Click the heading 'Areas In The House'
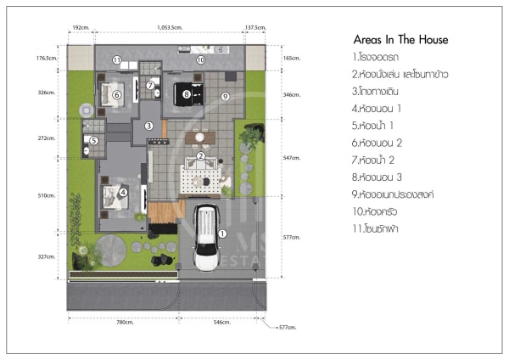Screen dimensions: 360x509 [400, 40]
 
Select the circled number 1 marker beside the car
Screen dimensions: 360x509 [222, 233]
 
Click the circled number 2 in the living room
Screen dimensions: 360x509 [200, 155]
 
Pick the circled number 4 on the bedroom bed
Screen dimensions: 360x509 [122, 193]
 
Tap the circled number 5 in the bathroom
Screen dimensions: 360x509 [94, 140]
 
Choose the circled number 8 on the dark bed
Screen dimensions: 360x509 [187, 95]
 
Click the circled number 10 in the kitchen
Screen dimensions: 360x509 [200, 60]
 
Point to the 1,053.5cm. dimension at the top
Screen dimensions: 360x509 [170, 28]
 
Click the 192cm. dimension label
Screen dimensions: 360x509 [80, 28]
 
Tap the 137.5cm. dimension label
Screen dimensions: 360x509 [255, 28]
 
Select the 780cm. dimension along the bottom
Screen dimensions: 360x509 [124, 323]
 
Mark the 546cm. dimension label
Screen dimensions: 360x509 [221, 323]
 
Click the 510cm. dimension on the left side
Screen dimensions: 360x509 [46, 195]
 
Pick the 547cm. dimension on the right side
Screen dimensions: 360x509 [291, 158]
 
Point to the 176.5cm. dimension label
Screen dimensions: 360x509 [46, 59]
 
